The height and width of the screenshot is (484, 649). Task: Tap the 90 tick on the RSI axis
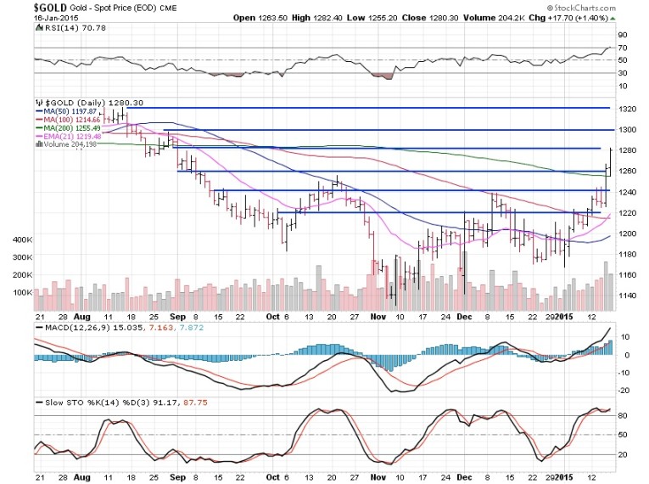tap(623, 35)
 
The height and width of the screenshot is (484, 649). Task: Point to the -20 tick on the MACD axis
tap(623, 390)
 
